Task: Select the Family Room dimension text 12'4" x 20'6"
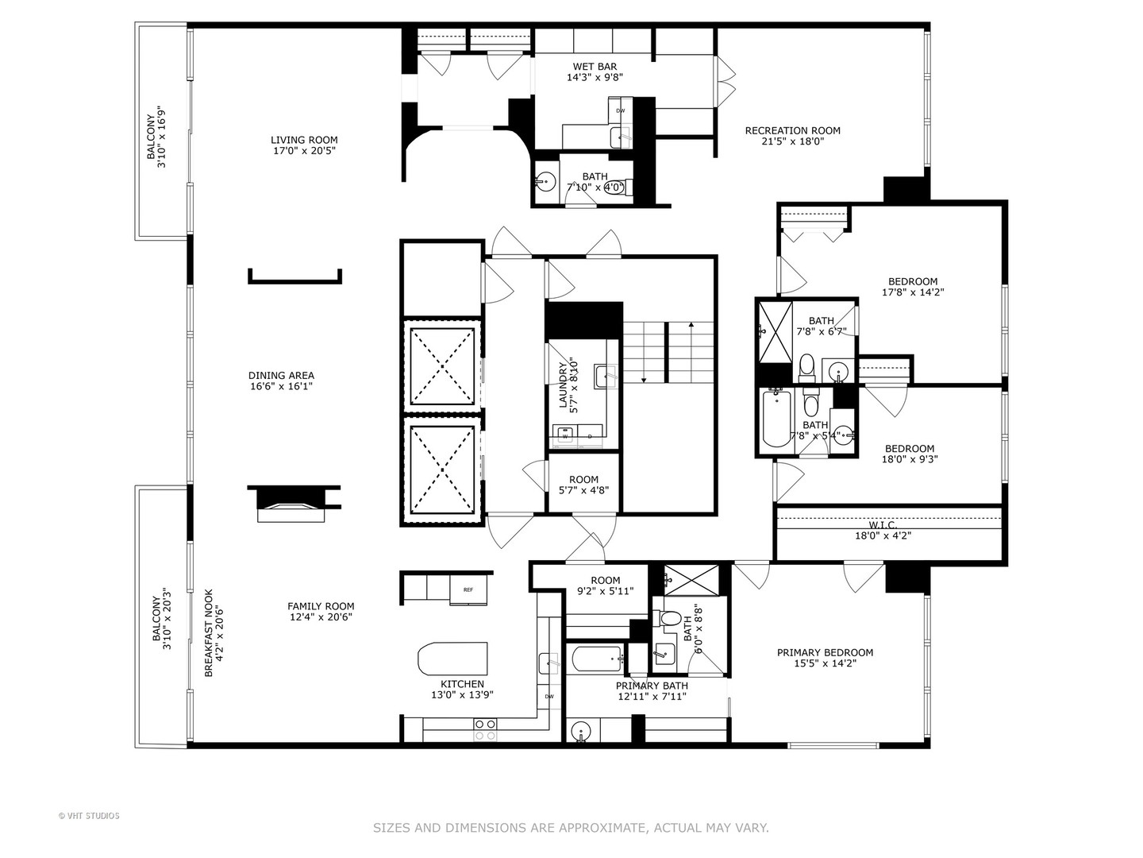(321, 616)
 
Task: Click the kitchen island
(452, 659)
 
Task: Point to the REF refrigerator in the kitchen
(468, 589)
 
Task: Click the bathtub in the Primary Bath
(596, 658)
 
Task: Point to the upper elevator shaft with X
(441, 366)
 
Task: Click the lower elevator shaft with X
(441, 470)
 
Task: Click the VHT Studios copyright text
(89, 816)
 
